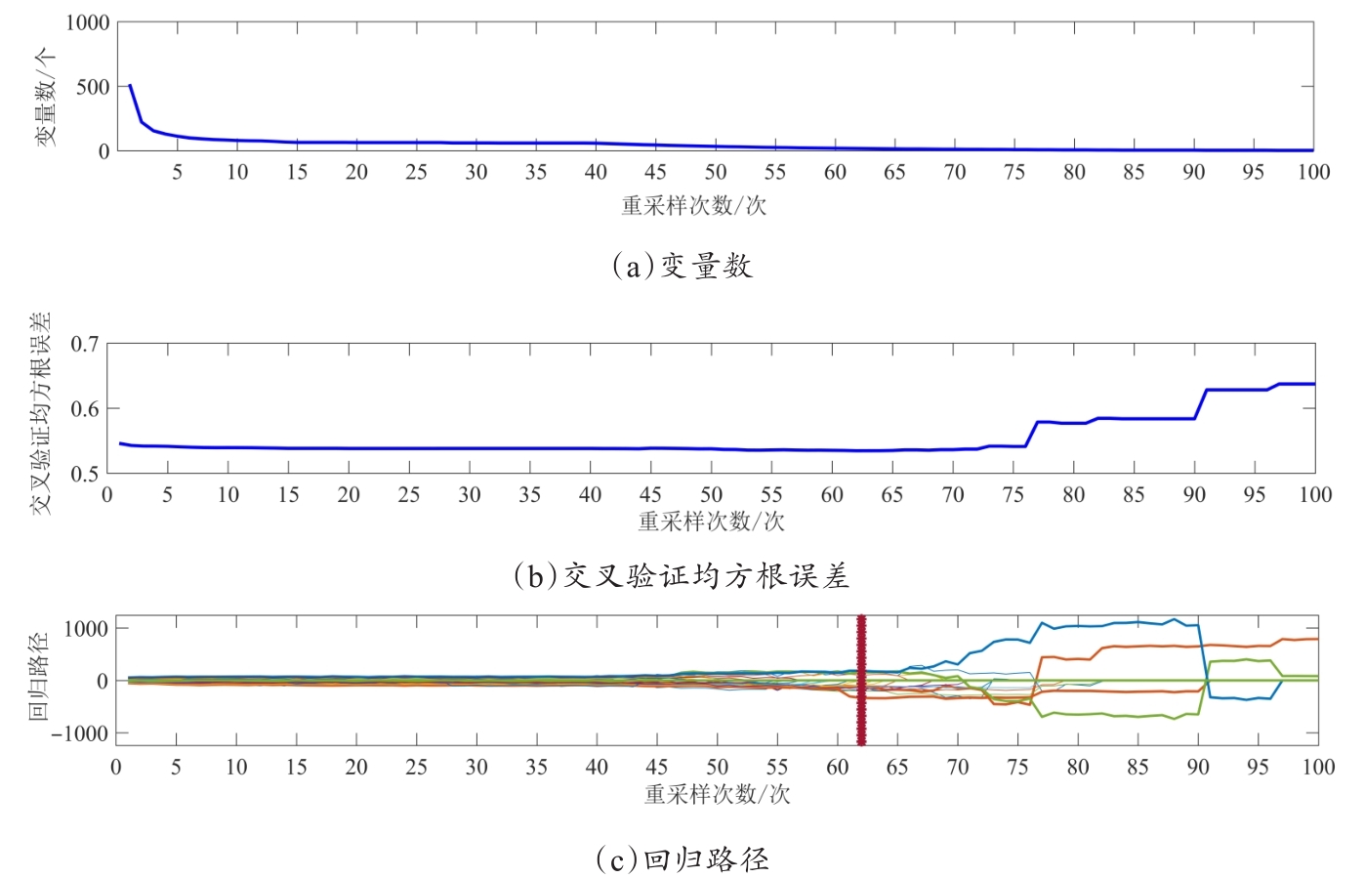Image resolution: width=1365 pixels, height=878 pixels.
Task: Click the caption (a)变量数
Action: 682,266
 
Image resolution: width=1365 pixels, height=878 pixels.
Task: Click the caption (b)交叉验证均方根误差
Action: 682,576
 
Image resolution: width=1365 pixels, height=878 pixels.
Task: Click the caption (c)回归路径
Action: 682,859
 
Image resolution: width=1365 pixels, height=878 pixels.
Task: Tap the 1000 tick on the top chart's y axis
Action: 87,22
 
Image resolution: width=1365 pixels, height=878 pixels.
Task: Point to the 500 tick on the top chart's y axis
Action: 93,87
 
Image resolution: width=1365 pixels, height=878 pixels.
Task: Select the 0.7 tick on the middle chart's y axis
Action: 84,344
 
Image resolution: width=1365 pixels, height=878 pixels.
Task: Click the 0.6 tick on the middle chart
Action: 84,408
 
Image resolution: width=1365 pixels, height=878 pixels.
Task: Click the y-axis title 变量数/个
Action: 46,98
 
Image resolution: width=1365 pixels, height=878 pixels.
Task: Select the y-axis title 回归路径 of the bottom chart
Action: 38,676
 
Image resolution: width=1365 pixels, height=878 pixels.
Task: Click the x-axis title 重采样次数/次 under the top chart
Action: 693,205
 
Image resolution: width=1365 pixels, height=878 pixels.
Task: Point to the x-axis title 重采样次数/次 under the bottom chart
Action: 717,794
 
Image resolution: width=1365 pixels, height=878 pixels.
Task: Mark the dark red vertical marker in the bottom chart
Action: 861,680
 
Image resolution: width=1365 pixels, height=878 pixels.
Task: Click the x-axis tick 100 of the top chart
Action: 1313,172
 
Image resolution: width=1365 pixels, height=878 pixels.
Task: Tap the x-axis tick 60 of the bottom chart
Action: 837,767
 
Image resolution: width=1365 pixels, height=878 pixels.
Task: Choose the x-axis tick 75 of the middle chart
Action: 1013,495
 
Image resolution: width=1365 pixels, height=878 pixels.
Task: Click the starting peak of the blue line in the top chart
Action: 130,85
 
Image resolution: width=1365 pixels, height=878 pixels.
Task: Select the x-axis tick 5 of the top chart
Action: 177,172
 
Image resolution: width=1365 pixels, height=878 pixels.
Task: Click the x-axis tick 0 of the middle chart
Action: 107,495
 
